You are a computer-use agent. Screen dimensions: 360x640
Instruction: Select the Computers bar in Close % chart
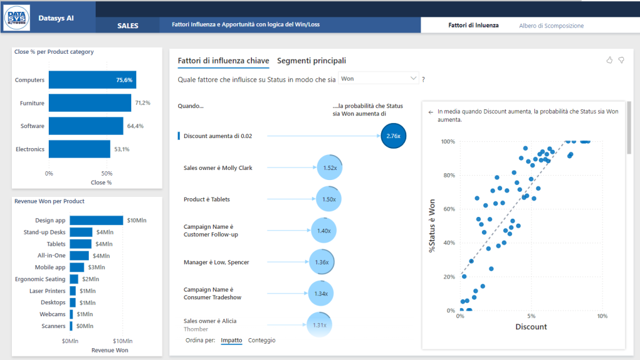click(92, 80)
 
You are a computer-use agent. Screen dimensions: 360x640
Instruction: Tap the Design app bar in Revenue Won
click(96, 220)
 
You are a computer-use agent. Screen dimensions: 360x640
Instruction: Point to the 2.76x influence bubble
click(393, 136)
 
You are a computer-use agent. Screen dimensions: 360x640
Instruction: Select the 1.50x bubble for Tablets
click(329, 199)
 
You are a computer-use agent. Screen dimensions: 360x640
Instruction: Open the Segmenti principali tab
click(311, 61)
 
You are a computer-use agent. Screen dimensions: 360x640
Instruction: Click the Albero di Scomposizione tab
click(551, 26)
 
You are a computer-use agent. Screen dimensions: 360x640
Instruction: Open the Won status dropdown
click(379, 79)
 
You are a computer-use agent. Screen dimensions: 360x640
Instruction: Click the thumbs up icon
click(609, 60)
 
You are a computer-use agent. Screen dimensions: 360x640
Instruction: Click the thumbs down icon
click(621, 60)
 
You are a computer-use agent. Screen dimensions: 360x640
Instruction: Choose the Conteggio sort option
click(261, 340)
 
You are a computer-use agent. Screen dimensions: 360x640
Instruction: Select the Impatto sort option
click(231, 340)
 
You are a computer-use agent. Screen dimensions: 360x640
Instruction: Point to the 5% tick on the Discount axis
click(531, 316)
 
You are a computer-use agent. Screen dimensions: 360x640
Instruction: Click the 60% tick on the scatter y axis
click(447, 209)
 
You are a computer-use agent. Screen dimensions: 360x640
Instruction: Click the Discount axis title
click(531, 327)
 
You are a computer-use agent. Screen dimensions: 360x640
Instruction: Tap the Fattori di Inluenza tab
click(473, 26)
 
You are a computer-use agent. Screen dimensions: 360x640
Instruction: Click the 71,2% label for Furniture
click(142, 102)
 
